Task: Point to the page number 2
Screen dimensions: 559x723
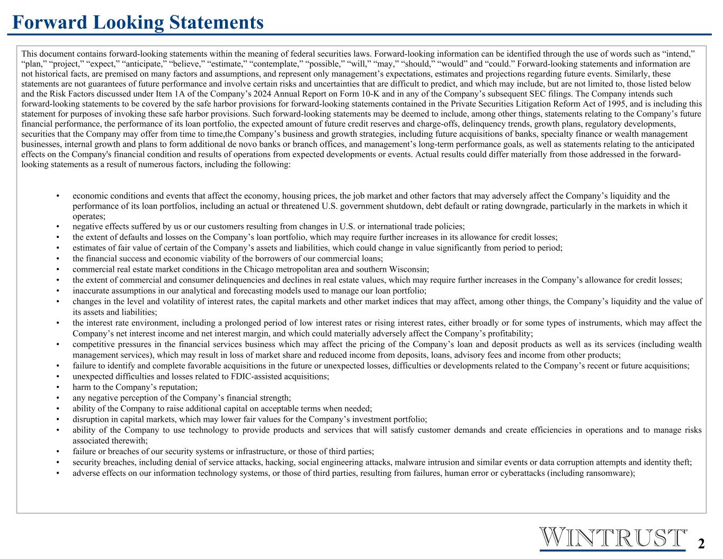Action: [x=701, y=544]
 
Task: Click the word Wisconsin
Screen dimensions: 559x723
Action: [x=410, y=269]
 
